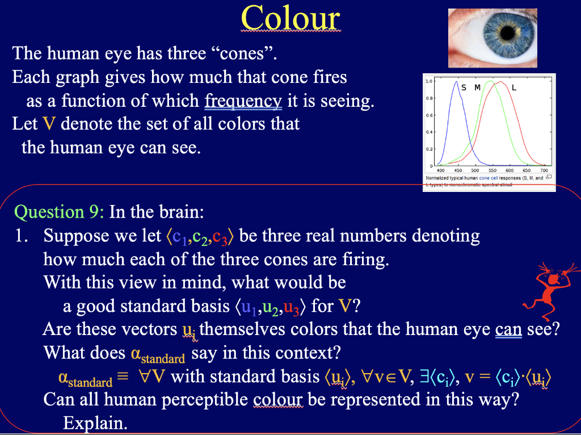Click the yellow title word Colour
[x=290, y=18]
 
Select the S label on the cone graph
[x=464, y=87]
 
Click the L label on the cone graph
[x=514, y=88]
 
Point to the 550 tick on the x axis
[x=492, y=170]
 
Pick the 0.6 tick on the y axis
[x=429, y=115]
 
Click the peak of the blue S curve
[x=456, y=82]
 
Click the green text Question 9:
[x=59, y=212]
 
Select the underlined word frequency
[x=243, y=101]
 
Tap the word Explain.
[x=95, y=423]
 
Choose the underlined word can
[x=508, y=329]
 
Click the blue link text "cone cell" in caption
[x=488, y=178]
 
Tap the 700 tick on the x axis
[x=544, y=170]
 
